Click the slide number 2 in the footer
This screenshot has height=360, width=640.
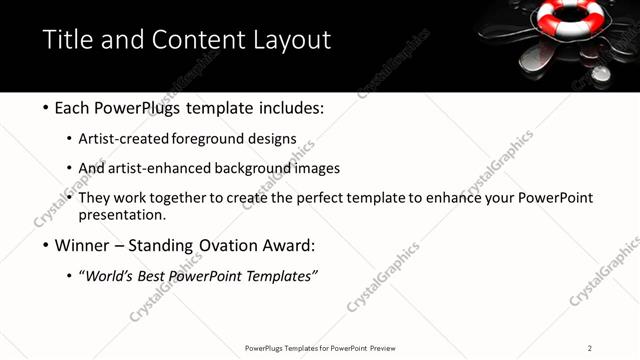tap(589, 348)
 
